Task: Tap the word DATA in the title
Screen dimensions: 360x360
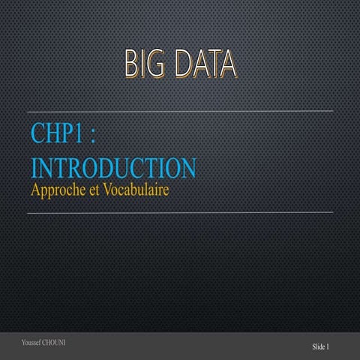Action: [x=205, y=65]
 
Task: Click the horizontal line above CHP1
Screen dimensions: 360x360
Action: [x=180, y=112]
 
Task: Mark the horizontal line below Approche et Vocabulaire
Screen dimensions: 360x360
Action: [x=180, y=212]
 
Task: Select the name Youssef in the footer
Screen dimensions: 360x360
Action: [x=34, y=343]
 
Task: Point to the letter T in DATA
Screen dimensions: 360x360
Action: [x=212, y=65]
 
